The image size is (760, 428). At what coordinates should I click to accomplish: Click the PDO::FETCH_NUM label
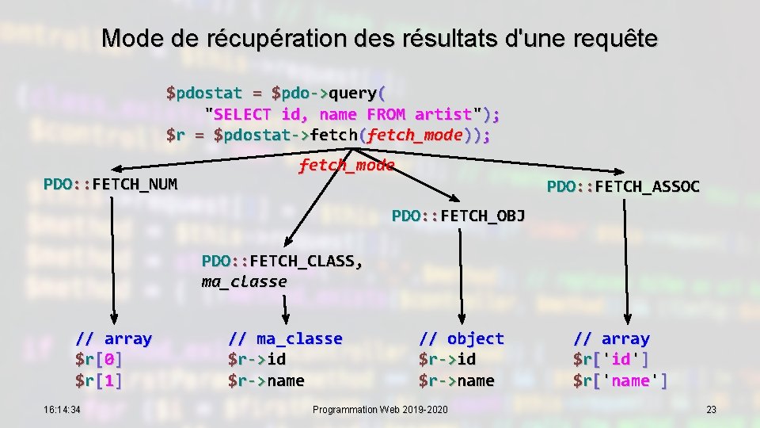click(x=110, y=185)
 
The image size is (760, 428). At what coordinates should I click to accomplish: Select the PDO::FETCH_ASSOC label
click(x=623, y=187)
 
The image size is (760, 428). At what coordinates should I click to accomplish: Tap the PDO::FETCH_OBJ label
click(x=458, y=216)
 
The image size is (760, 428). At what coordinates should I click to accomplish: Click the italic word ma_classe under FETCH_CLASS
click(x=244, y=281)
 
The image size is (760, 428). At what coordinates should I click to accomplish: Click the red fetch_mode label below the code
click(x=346, y=166)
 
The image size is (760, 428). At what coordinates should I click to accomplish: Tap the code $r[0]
click(x=98, y=360)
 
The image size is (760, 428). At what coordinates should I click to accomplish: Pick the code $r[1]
click(x=98, y=381)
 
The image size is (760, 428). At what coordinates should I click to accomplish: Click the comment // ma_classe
click(x=285, y=339)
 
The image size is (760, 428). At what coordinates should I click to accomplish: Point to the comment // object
click(x=461, y=339)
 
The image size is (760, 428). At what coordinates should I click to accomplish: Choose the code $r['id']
click(x=611, y=360)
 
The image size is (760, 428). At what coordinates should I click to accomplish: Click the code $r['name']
click(x=621, y=381)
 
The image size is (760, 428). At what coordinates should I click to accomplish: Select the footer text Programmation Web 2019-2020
click(x=380, y=410)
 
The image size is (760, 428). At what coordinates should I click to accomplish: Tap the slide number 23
click(x=711, y=410)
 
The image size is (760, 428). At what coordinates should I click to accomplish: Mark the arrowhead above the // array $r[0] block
click(x=113, y=320)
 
